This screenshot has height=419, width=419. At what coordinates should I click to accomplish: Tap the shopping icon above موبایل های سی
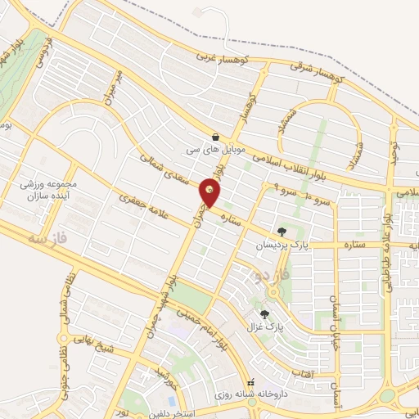click(214, 137)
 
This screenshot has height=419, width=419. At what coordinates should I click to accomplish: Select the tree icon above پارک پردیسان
click(282, 232)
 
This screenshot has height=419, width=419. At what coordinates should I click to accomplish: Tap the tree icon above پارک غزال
click(264, 313)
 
